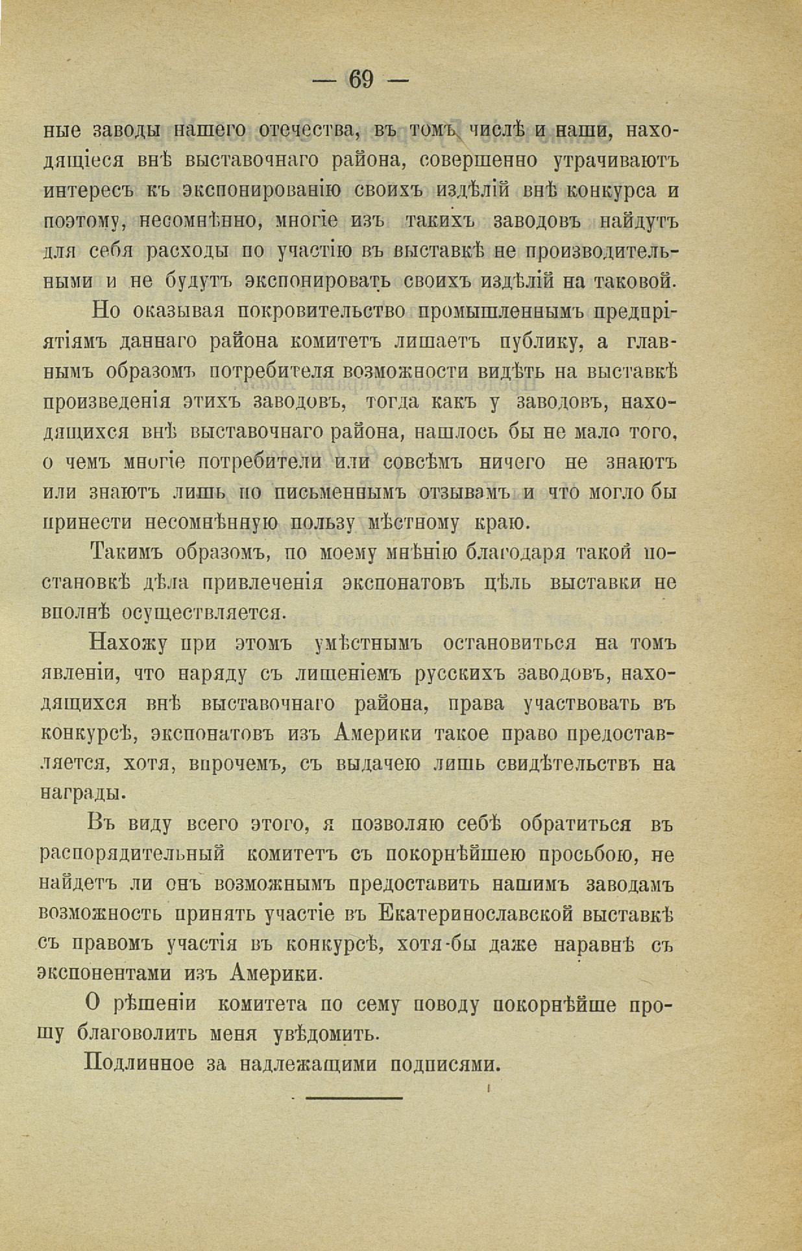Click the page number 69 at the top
(x=361, y=80)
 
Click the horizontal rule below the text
(x=354, y=1098)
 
